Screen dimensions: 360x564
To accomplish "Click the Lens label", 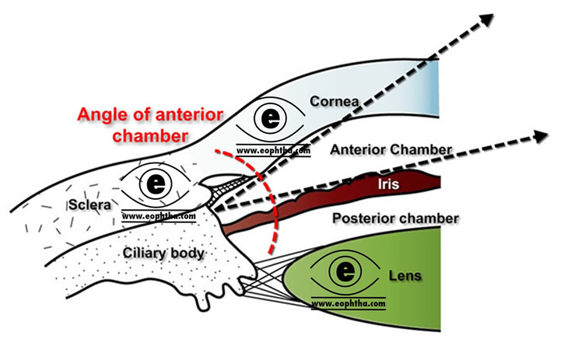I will (405, 275).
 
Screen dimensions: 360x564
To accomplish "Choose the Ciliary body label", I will (163, 253).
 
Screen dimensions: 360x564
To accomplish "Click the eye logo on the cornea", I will (271, 120).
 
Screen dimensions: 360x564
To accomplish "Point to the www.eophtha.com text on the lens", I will (348, 301).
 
